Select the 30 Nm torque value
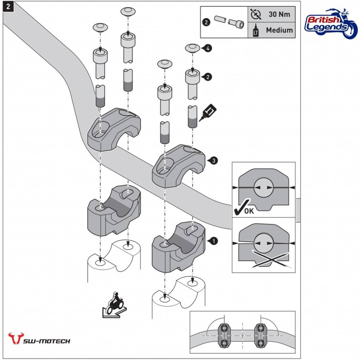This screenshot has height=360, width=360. [279, 15]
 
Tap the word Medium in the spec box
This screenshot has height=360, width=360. [279, 30]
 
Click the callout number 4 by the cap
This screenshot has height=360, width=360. [209, 49]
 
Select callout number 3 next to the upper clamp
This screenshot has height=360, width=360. [214, 160]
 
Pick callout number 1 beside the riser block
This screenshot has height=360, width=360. [213, 241]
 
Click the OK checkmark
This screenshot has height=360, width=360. [243, 208]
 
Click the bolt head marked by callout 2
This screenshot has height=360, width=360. [192, 76]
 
